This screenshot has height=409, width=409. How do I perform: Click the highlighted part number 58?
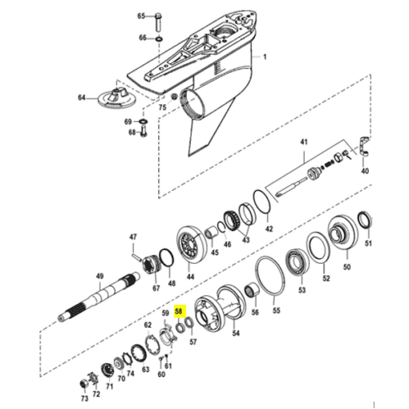(x=179, y=311)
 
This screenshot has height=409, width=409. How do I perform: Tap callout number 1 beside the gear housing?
(x=265, y=57)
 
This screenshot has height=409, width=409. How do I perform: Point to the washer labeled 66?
(x=159, y=39)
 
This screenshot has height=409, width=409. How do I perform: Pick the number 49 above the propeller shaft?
(x=99, y=276)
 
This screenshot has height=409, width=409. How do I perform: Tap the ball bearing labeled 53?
(x=298, y=262)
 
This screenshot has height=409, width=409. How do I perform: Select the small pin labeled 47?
(x=137, y=257)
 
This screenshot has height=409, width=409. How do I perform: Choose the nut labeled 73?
(x=84, y=383)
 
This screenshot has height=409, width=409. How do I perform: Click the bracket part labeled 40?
(x=363, y=147)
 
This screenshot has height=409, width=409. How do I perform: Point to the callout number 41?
(x=304, y=142)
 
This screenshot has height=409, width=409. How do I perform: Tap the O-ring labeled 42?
(x=262, y=202)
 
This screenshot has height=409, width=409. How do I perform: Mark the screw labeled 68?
(x=144, y=132)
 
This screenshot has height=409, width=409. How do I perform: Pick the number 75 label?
(x=162, y=107)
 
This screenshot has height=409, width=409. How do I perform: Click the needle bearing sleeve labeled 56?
(x=252, y=290)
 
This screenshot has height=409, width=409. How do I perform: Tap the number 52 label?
(x=326, y=278)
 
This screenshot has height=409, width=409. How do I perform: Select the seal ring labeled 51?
(x=365, y=219)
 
